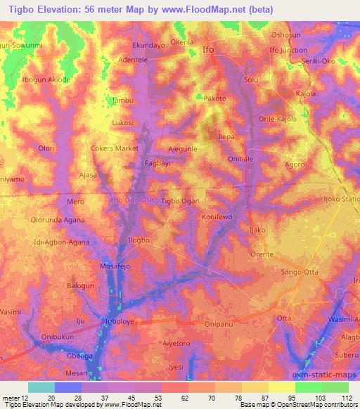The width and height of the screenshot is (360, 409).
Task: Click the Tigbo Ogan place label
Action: [x=180, y=201]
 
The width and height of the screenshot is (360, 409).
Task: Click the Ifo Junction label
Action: [x=288, y=50]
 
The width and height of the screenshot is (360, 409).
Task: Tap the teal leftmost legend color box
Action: [x=41, y=387]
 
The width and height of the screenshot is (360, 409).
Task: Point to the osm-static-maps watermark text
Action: [x=322, y=375]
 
